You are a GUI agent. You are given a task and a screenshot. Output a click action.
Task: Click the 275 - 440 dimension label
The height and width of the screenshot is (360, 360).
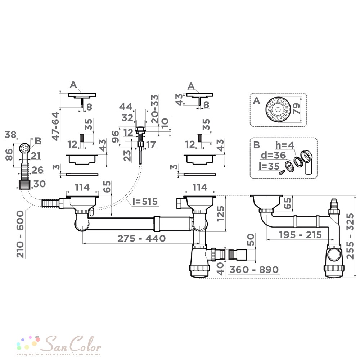[141, 238]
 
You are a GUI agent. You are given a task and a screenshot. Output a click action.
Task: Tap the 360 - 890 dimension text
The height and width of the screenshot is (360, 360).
[254, 269]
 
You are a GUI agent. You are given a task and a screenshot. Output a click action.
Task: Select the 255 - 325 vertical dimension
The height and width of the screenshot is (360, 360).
[350, 236]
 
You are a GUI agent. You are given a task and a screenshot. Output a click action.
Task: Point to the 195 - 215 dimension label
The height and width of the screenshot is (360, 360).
[300, 235]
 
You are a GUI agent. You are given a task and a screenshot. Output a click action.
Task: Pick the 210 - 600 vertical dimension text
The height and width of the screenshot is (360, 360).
[20, 234]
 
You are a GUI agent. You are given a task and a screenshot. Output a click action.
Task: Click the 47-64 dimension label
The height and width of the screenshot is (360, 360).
[56, 126]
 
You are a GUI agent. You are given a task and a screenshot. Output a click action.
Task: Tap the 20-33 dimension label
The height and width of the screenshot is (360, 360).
[155, 109]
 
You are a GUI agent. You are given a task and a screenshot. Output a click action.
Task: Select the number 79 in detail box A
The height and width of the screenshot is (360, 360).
[296, 109]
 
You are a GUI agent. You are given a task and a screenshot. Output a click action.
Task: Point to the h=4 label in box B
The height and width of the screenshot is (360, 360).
[285, 145]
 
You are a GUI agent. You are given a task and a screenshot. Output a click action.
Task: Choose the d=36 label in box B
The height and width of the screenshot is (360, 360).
[273, 156]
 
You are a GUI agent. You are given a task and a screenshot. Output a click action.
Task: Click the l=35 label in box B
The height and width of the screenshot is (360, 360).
[269, 166]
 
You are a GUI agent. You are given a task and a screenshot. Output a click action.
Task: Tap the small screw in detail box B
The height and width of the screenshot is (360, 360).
[282, 172]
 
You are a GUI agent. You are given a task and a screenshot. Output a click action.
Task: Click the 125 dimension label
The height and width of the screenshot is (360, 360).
[221, 213]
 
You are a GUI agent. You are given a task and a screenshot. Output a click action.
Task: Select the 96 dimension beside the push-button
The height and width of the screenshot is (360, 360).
[116, 136]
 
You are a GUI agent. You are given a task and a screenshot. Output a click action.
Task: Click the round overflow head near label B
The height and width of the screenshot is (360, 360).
[24, 148]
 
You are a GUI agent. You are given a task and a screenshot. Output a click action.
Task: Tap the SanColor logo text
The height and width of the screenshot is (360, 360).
[72, 343]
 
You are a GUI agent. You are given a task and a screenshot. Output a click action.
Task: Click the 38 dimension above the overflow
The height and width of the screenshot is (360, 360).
[10, 135]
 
